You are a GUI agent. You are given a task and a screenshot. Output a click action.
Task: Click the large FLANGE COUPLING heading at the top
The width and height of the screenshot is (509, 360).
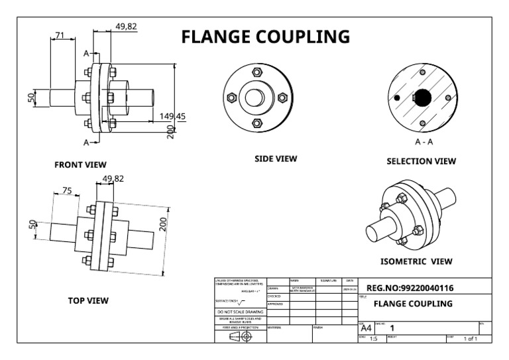pyautogui.click(x=265, y=36)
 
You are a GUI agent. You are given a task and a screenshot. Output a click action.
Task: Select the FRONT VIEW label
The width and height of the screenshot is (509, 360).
pyautogui.click(x=80, y=164)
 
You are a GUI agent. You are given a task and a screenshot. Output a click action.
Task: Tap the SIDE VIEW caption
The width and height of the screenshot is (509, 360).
pyautogui.click(x=276, y=159)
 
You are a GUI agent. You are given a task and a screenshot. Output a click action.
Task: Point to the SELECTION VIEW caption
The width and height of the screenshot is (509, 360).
pyautogui.click(x=422, y=161)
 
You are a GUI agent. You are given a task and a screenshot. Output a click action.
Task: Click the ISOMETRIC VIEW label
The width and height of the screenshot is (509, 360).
pyautogui.click(x=416, y=261)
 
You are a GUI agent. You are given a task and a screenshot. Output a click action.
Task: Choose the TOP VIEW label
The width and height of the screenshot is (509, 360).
pyautogui.click(x=88, y=300)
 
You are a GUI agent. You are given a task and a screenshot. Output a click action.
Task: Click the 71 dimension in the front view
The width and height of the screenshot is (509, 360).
pyautogui.click(x=60, y=35)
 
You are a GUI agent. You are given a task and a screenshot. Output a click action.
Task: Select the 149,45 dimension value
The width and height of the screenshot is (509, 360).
pyautogui.click(x=172, y=116)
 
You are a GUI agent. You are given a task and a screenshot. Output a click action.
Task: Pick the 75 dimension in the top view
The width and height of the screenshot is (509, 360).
pyautogui.click(x=66, y=190)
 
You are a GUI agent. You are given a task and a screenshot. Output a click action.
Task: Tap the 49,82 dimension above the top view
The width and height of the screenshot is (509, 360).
pyautogui.click(x=113, y=178)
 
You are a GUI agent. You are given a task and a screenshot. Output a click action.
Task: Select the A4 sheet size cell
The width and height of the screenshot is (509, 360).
pyautogui.click(x=366, y=328)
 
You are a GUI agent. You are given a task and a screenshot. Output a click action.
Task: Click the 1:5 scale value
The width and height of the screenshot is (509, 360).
pyautogui.click(x=373, y=339)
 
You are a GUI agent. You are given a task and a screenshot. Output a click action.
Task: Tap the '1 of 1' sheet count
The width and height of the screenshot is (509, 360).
pyautogui.click(x=470, y=339)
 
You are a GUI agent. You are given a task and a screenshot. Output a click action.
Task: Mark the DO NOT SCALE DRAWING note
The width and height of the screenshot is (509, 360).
pyautogui.click(x=239, y=312)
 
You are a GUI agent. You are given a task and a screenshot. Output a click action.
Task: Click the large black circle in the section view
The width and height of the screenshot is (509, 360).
pyautogui.click(x=422, y=98)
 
